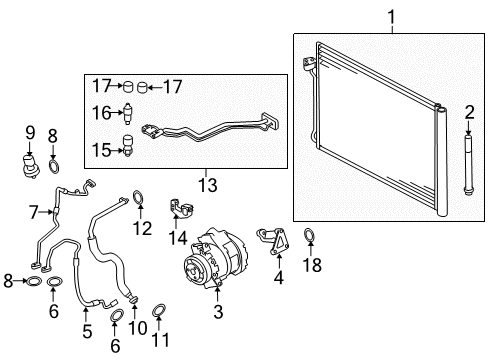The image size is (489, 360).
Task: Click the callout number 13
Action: click(208, 185)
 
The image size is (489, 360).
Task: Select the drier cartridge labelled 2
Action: click(468, 164)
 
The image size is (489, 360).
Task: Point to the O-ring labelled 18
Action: click(309, 235)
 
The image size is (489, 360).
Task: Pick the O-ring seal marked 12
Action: click(138, 197)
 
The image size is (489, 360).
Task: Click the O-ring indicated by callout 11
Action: click(159, 310)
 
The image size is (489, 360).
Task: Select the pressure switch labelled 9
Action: click(30, 165)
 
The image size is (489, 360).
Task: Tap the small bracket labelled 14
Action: click(181, 208)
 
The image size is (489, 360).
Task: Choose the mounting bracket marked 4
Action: click(274, 241)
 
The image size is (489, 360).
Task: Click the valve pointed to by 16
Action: click(128, 113)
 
